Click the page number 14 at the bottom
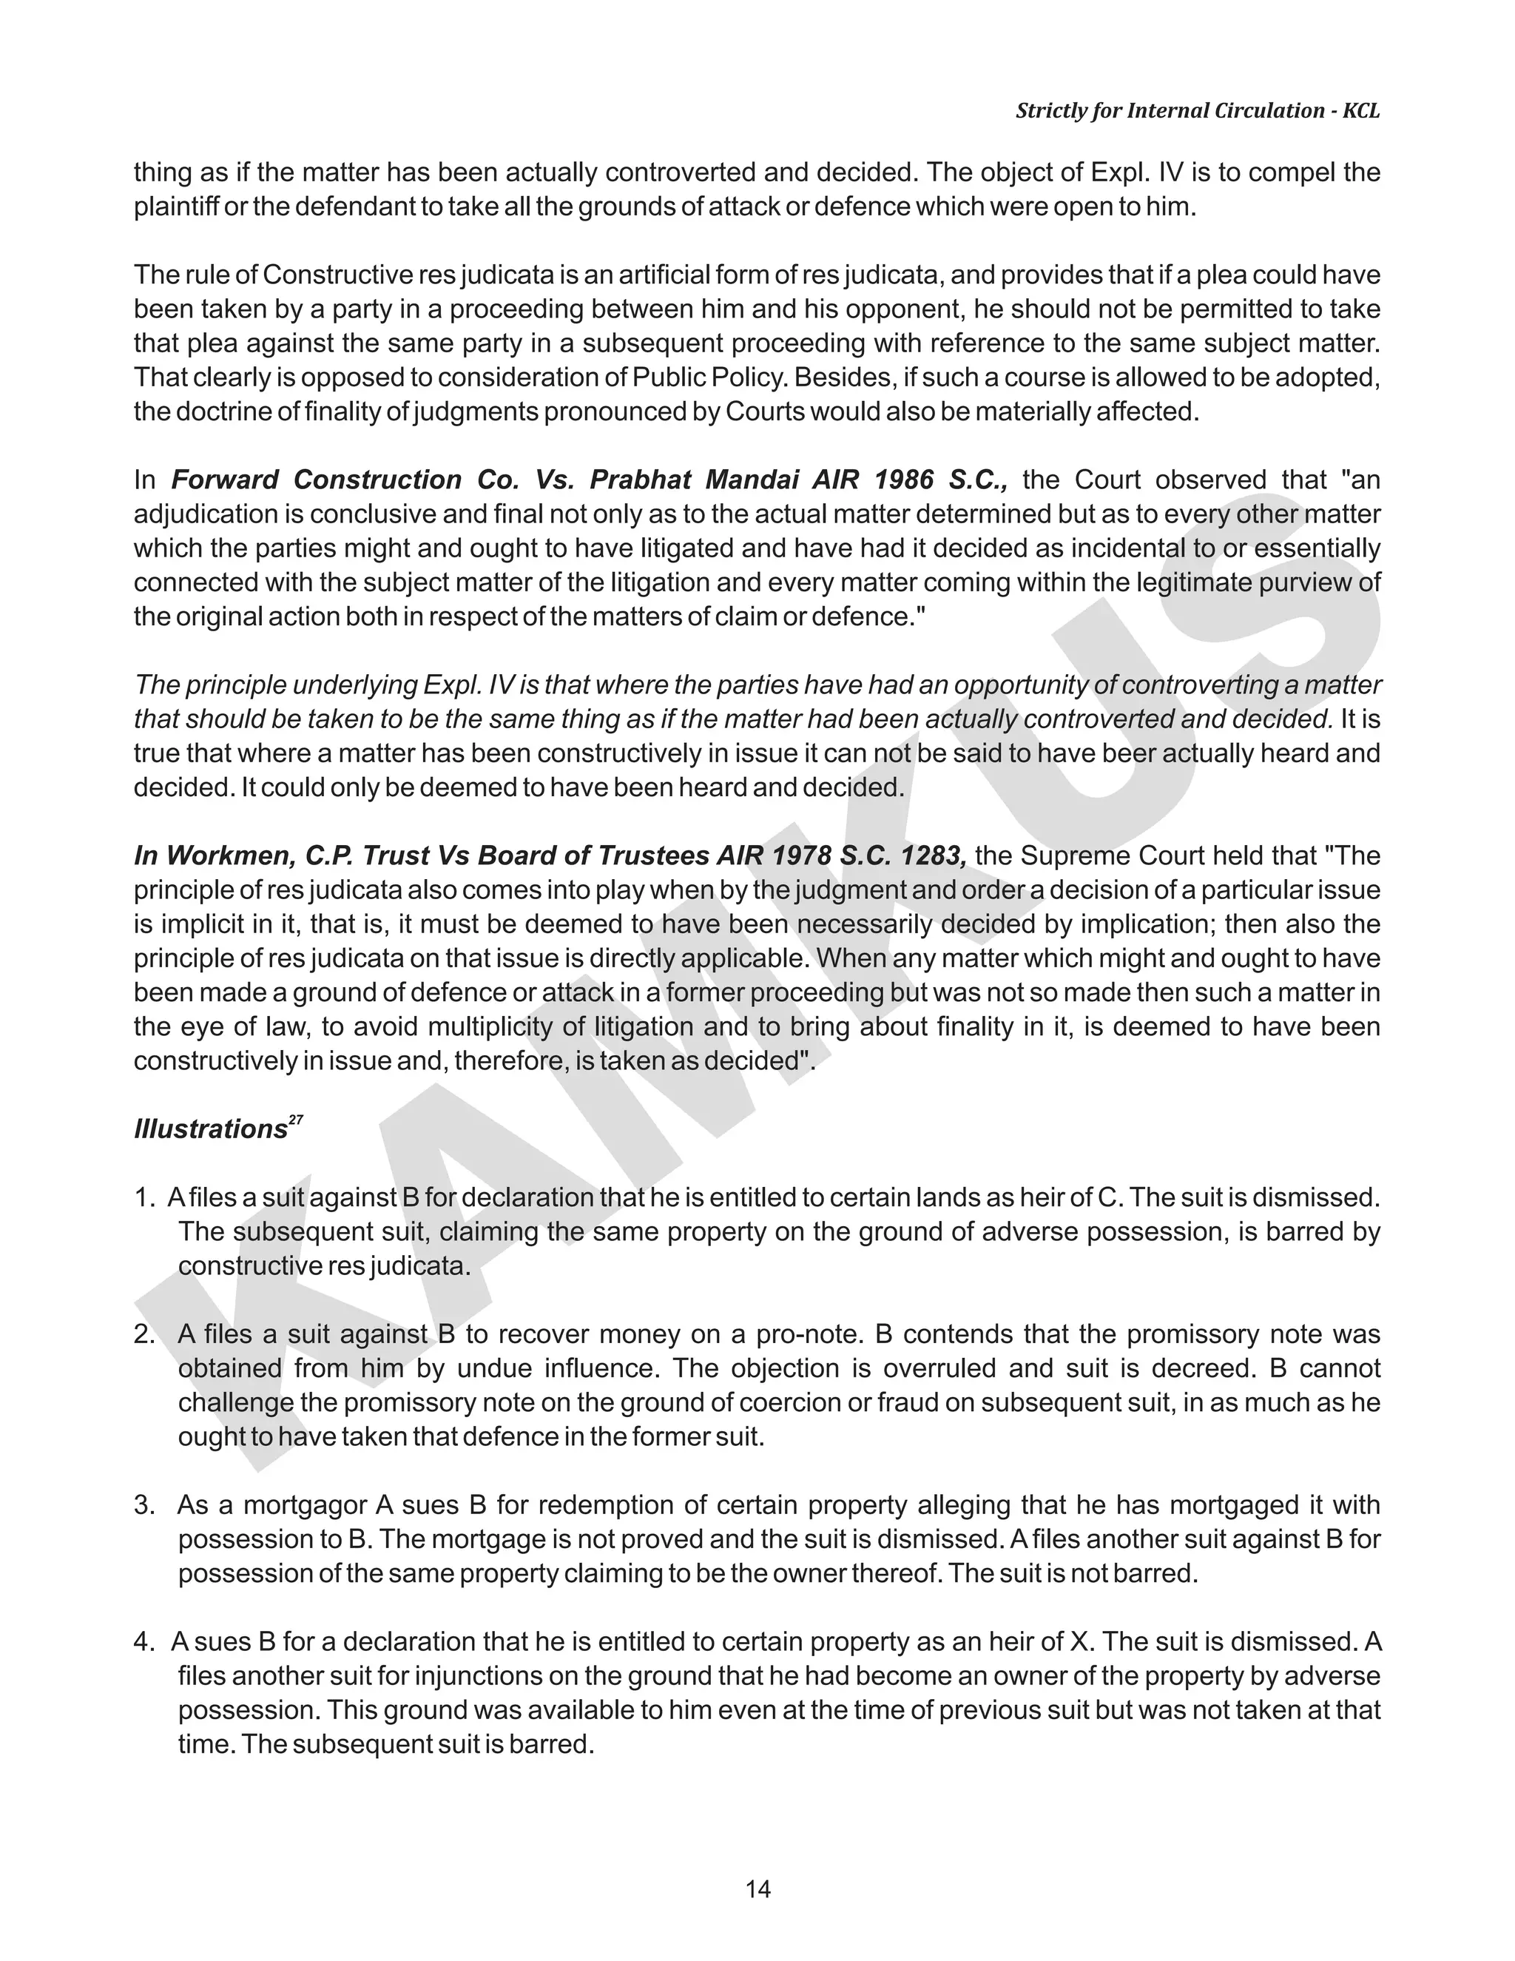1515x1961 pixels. [x=757, y=1889]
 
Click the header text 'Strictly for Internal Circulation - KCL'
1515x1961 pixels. [x=1198, y=110]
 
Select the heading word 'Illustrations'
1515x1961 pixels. [x=210, y=1129]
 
